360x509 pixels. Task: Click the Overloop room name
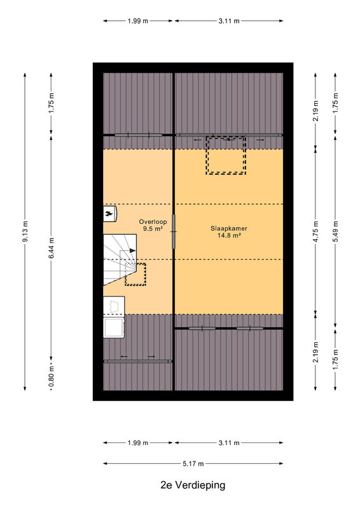point(153,221)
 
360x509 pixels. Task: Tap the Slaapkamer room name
point(229,228)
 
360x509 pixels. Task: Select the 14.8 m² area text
point(229,235)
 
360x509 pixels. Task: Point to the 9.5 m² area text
point(153,229)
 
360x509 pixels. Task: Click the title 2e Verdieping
point(193,485)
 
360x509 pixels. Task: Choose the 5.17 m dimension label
point(193,464)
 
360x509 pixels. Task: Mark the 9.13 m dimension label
point(25,232)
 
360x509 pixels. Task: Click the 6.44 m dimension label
point(52,248)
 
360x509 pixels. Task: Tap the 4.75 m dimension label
point(315,232)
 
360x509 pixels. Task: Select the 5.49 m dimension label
point(335,232)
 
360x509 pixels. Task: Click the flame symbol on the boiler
point(109,214)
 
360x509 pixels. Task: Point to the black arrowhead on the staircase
point(132,251)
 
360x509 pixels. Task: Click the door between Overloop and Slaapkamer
point(174,232)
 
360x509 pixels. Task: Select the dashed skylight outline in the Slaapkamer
point(226,155)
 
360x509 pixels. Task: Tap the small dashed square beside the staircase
point(135,275)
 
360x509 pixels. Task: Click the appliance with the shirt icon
point(114,305)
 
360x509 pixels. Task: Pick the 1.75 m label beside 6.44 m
point(52,103)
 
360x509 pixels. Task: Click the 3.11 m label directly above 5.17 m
point(229,443)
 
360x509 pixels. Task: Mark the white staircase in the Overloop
point(119,259)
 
